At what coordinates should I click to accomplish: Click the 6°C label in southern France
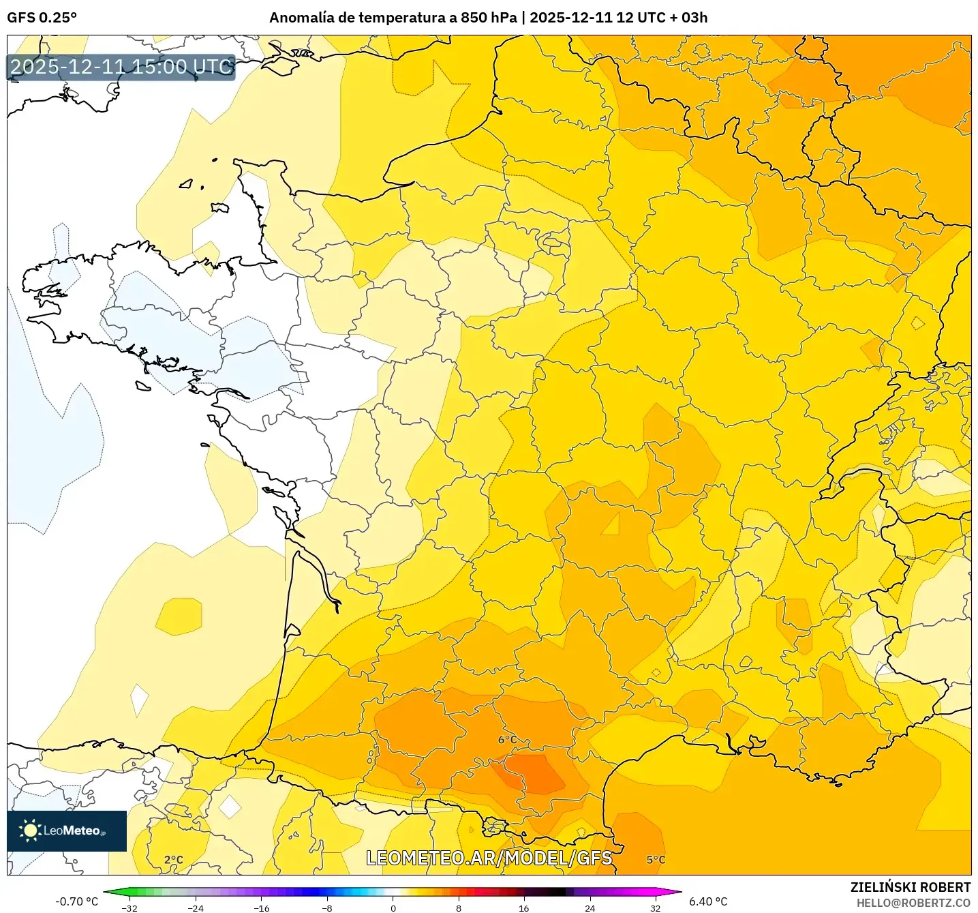(507, 740)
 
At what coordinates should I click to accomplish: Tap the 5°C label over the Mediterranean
(656, 860)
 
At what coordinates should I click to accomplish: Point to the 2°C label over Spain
(174, 860)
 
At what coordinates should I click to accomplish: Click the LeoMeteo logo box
(67, 830)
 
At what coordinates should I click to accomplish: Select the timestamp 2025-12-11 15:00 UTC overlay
(121, 67)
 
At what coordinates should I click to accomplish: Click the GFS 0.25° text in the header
(42, 18)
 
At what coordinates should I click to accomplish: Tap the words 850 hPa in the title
(488, 18)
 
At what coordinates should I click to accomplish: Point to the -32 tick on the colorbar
(129, 908)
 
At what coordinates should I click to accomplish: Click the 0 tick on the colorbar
(393, 908)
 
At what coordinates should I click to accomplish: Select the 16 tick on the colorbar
(523, 908)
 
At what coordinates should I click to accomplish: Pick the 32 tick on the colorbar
(655, 908)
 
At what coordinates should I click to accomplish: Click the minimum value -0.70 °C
(76, 901)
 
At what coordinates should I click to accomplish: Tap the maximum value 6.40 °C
(708, 901)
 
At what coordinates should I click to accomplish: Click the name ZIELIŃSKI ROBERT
(910, 887)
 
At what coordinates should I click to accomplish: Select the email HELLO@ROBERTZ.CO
(913, 903)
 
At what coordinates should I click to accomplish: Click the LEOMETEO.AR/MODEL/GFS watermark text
(489, 858)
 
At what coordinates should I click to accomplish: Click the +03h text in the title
(694, 18)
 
